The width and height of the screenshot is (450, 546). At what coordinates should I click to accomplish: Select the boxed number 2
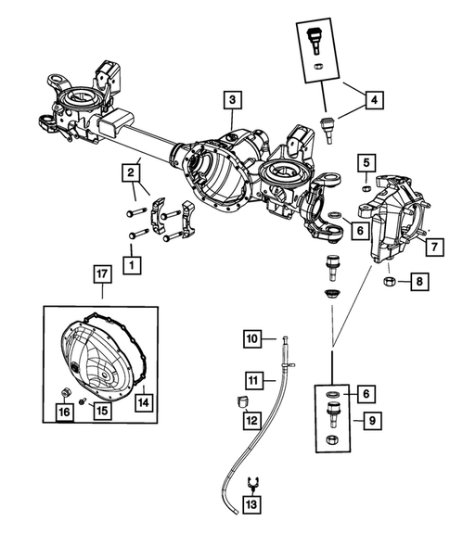click(133, 171)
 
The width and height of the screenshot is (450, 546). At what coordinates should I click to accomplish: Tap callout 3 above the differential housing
click(232, 100)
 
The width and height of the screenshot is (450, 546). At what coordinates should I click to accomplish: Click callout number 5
click(366, 164)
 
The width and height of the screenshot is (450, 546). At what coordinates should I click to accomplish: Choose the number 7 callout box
click(431, 246)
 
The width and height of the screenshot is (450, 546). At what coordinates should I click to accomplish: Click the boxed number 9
click(371, 420)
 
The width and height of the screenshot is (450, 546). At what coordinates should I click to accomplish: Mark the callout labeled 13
click(251, 504)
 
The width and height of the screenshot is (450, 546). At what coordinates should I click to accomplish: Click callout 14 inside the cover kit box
click(144, 401)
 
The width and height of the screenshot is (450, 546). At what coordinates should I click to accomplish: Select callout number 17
click(101, 273)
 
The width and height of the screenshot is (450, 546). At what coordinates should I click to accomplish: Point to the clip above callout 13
click(251, 482)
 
